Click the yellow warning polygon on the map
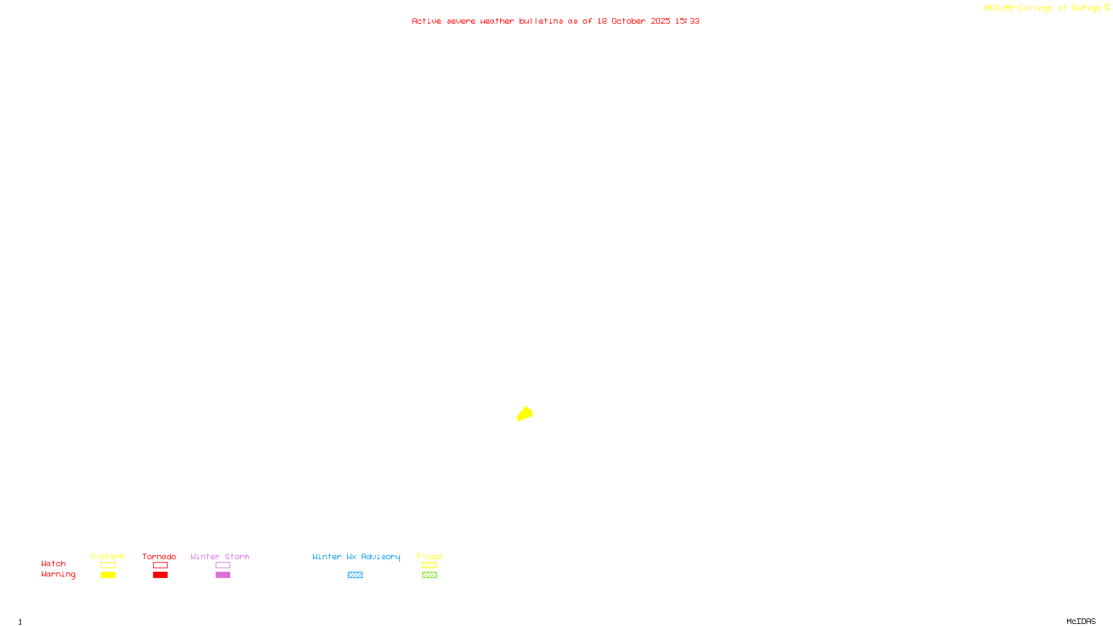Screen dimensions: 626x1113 pos(525,414)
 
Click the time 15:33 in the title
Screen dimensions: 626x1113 pos(687,21)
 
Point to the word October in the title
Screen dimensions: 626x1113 pos(628,21)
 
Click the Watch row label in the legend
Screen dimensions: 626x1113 pos(54,563)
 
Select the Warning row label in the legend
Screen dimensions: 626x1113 pos(58,575)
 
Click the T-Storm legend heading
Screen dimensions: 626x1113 pos(107,556)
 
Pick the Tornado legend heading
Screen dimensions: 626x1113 pos(159,556)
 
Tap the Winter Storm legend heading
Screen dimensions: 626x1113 pos(220,556)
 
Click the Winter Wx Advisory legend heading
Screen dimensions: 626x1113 pos(356,556)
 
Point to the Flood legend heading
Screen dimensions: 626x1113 pos(429,556)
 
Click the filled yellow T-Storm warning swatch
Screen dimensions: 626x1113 pos(108,575)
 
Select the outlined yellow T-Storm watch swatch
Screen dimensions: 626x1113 pos(108,565)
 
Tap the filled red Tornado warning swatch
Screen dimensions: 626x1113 pos(160,575)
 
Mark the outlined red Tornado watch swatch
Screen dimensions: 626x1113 pos(160,565)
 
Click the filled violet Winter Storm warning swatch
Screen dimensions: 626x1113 pos(223,575)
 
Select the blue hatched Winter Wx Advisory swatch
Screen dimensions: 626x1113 pos(355,575)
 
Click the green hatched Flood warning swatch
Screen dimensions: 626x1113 pos(429,575)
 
